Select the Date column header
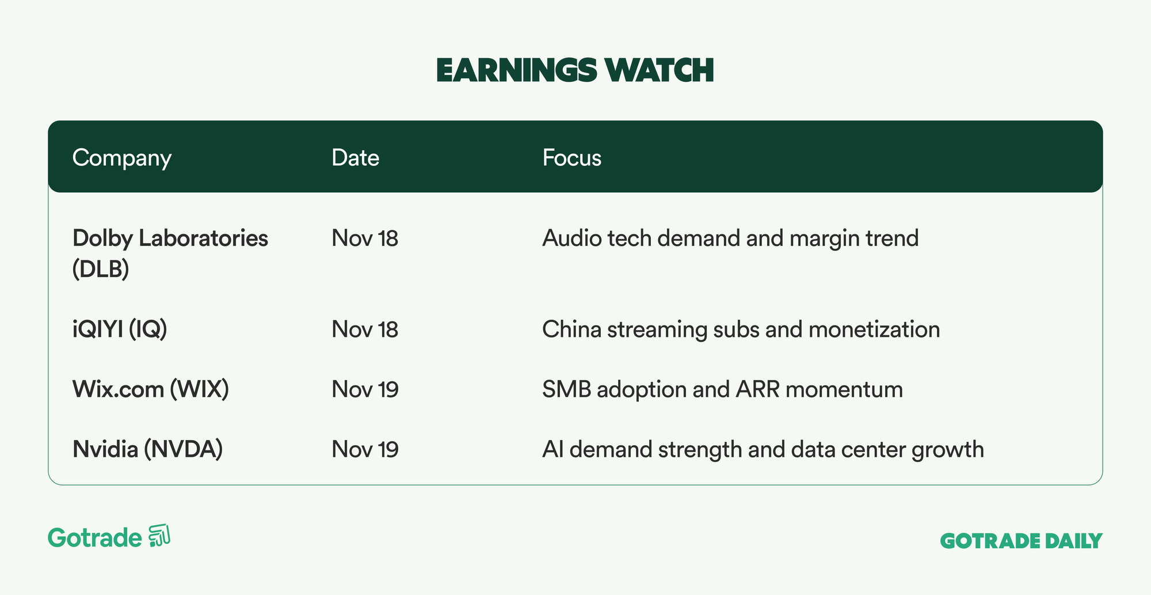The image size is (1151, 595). [356, 158]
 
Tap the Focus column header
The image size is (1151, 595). [572, 158]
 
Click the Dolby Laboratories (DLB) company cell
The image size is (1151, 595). [170, 253]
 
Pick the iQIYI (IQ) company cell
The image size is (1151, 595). [120, 329]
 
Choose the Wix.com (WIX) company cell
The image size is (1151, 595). [151, 389]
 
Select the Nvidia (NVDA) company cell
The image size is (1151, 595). [148, 449]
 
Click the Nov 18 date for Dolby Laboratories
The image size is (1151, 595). [365, 238]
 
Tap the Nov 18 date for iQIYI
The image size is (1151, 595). [365, 329]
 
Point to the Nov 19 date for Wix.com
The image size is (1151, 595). [365, 389]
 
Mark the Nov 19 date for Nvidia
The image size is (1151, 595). [365, 449]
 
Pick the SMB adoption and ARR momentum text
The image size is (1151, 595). [723, 390]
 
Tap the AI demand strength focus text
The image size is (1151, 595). [763, 450]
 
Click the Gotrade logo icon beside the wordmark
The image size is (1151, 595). [159, 536]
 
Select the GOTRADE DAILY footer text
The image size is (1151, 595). [1022, 541]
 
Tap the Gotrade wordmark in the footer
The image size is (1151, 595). [95, 538]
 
